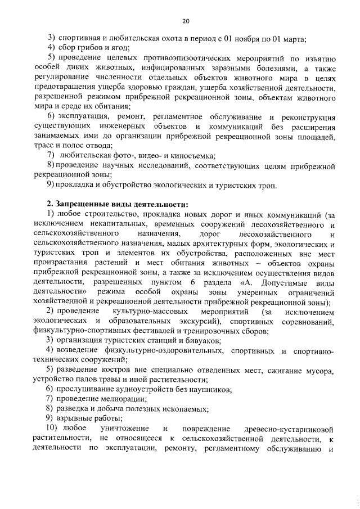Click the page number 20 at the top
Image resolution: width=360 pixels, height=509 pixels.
(186, 21)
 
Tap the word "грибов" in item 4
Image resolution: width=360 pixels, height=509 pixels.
(97, 47)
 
